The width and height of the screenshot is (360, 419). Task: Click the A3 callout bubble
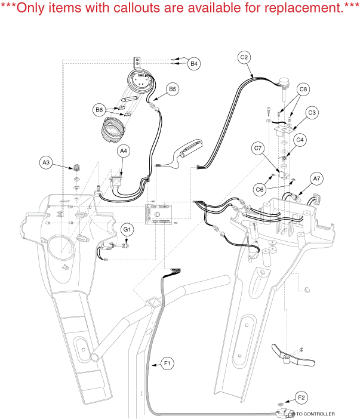[x=46, y=162]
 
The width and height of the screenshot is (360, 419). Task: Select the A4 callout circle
[x=124, y=152]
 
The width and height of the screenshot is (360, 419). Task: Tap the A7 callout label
[x=316, y=177]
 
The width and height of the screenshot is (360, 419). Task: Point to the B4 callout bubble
[x=194, y=63]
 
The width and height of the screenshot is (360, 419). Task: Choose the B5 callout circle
[x=173, y=89]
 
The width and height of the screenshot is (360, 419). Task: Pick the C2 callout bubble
[x=244, y=58]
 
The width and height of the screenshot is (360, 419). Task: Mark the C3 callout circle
[x=312, y=112]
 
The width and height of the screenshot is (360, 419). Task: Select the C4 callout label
[x=300, y=140]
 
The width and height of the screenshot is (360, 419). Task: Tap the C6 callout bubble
[x=259, y=189]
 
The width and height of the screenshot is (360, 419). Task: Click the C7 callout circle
[x=258, y=147]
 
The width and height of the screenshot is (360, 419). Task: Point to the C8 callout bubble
[x=303, y=90]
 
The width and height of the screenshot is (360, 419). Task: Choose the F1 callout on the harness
[x=167, y=362]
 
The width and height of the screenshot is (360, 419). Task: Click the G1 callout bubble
[x=127, y=229]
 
